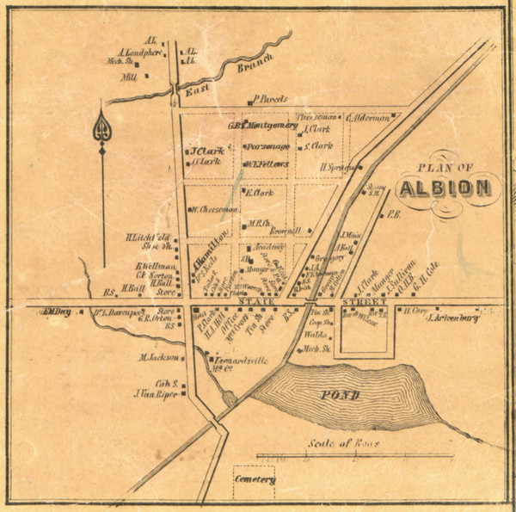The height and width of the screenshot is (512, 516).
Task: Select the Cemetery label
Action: pyautogui.click(x=255, y=479)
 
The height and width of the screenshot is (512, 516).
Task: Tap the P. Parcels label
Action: pyautogui.click(x=268, y=99)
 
